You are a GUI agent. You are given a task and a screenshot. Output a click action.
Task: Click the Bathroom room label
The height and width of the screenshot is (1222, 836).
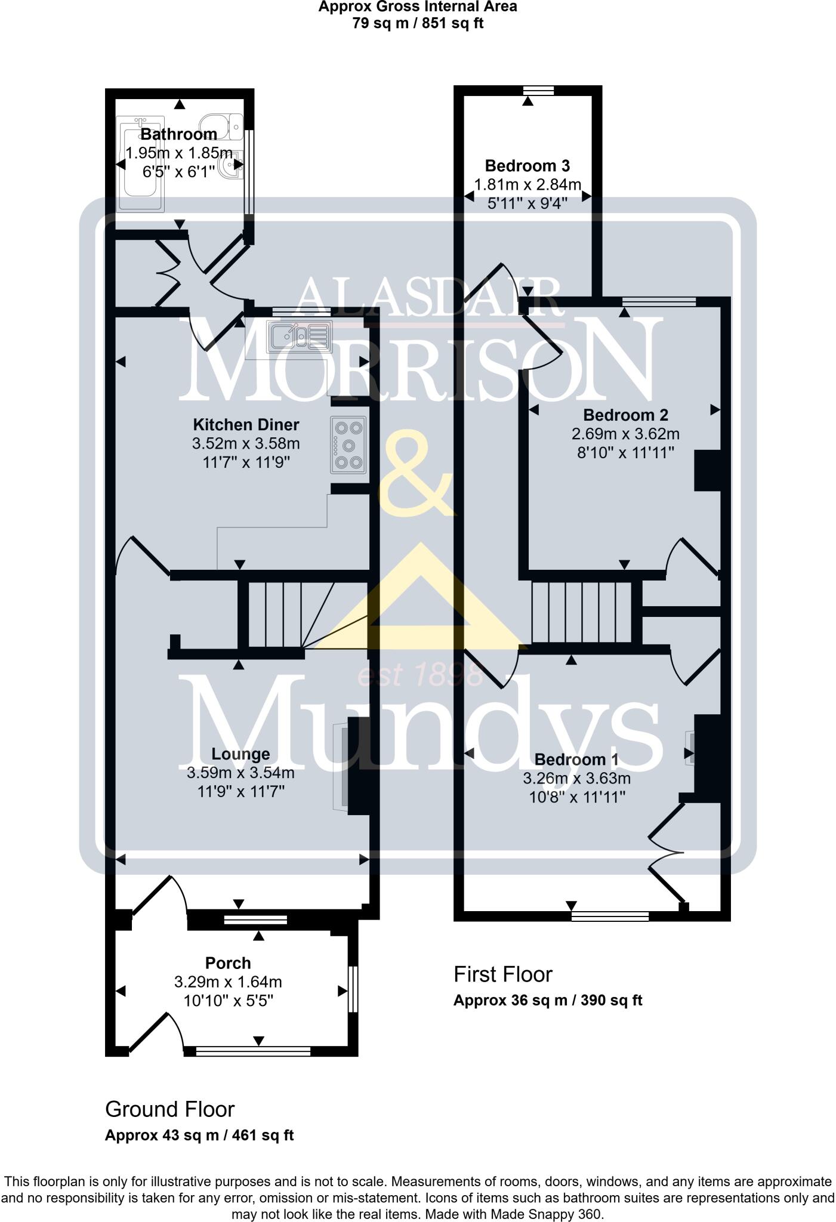click(178, 134)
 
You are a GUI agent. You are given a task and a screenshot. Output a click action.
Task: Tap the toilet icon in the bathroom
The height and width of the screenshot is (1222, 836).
click(222, 125)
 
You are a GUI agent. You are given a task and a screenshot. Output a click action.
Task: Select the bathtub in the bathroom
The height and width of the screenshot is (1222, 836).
click(141, 165)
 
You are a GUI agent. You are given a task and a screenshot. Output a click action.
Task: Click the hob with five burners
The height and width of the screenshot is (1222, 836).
click(348, 445)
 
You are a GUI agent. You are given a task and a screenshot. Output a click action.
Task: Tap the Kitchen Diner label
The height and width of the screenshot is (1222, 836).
click(246, 425)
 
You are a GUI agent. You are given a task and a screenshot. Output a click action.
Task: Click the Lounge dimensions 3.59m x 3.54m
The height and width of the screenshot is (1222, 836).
click(240, 773)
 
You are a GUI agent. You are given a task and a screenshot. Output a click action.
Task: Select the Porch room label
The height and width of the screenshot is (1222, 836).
click(228, 962)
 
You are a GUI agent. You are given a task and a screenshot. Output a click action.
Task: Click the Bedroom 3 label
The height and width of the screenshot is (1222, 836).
click(527, 165)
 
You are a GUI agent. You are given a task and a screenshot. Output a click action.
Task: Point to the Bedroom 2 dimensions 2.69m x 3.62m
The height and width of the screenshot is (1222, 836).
click(625, 434)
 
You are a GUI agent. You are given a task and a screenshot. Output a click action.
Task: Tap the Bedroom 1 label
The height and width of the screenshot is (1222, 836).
click(576, 760)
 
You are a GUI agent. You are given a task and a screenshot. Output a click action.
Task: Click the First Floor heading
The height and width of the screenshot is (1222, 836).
click(503, 974)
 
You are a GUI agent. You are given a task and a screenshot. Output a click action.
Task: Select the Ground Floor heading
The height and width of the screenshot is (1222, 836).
click(170, 1109)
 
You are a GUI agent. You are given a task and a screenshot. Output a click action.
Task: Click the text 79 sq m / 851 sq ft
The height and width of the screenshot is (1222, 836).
click(417, 24)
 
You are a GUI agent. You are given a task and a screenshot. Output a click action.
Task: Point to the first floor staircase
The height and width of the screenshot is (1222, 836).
click(581, 613)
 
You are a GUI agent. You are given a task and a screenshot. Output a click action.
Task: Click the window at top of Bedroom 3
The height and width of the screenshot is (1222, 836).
click(538, 91)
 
